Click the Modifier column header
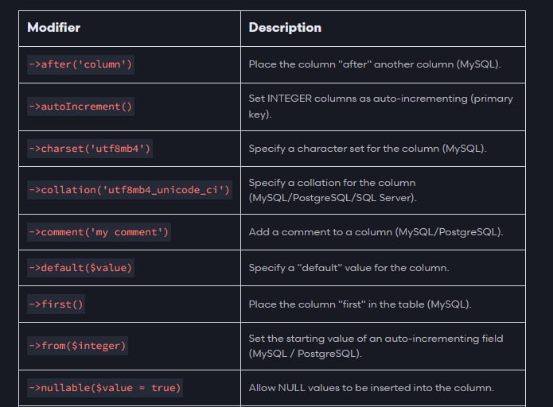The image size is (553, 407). (x=53, y=28)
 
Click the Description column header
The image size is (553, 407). (x=285, y=28)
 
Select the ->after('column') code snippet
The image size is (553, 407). (x=81, y=64)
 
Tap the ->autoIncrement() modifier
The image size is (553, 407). (x=81, y=107)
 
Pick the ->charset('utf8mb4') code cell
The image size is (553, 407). (x=90, y=149)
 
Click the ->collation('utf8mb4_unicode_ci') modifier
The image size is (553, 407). (x=130, y=190)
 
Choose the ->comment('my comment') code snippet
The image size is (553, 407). (x=99, y=232)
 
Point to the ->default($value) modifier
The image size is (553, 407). (x=81, y=268)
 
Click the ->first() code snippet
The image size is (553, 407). (x=56, y=304)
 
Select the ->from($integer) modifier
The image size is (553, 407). (x=78, y=346)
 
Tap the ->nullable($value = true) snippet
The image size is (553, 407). (x=105, y=388)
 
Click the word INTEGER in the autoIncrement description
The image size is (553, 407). (x=290, y=99)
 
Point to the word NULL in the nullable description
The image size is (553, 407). (x=292, y=388)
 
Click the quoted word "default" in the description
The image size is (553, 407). (x=320, y=268)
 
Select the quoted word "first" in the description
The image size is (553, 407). (x=352, y=304)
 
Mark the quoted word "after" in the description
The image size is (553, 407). (x=354, y=64)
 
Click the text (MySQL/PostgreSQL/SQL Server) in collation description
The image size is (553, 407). (x=333, y=198)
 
